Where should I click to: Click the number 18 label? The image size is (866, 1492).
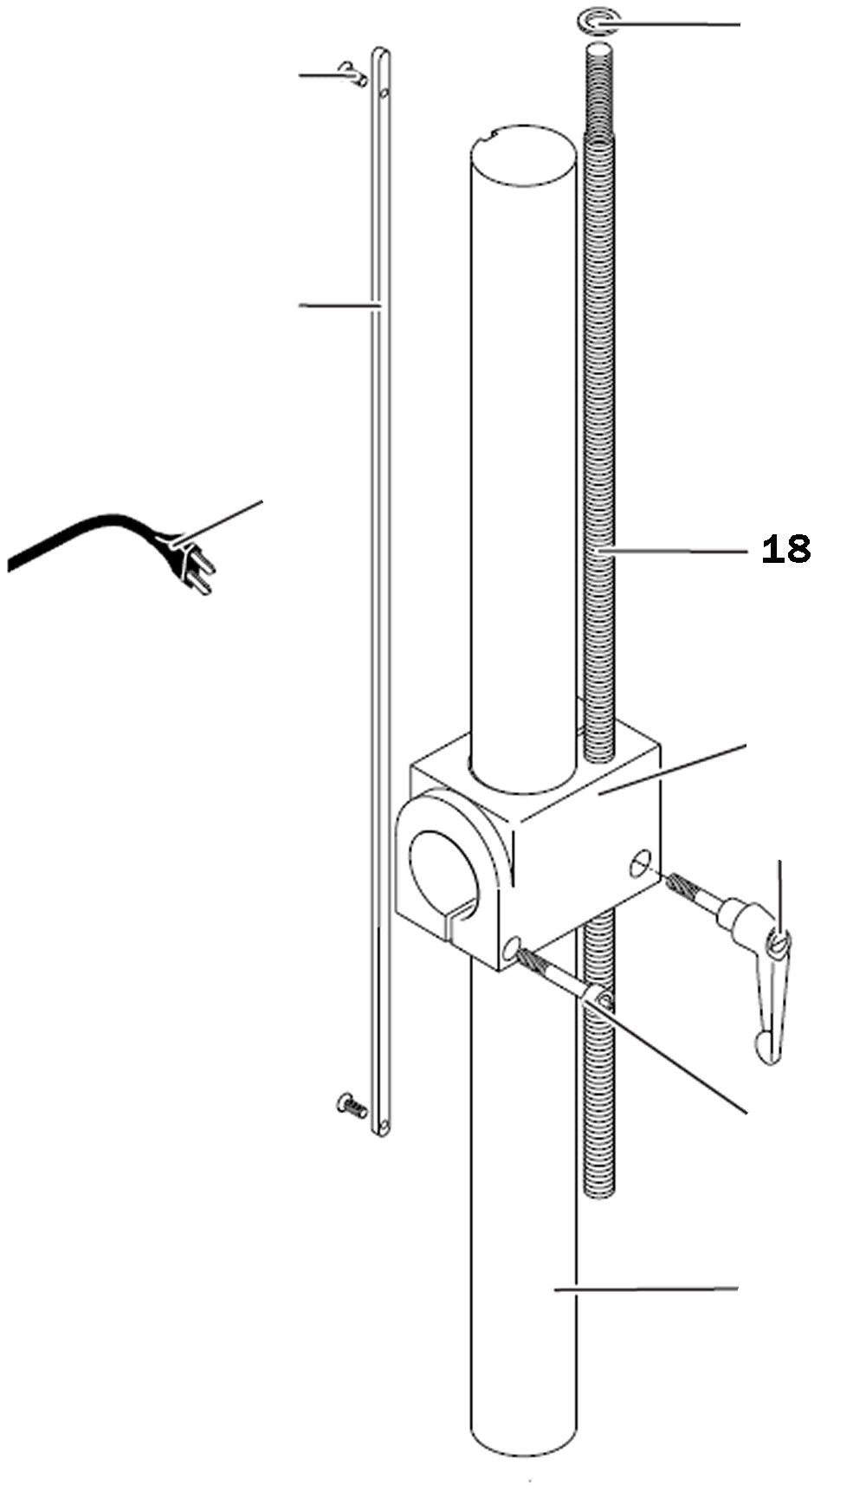click(785, 549)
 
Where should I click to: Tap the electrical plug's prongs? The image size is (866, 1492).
click(200, 575)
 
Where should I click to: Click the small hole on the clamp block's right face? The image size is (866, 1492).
click(640, 862)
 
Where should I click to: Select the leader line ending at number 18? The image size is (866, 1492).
click(675, 550)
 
